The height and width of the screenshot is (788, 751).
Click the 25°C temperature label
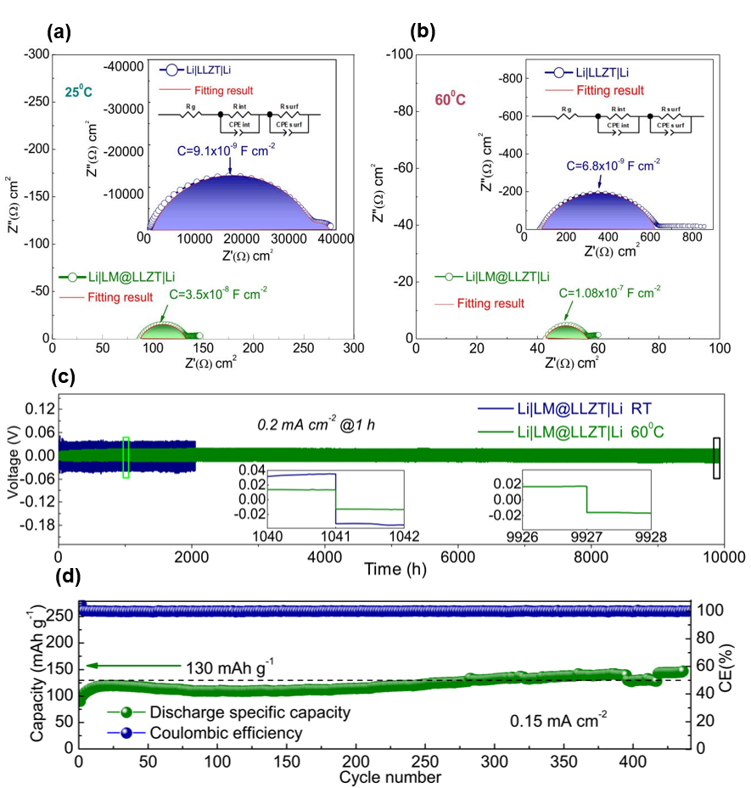pyautogui.click(x=80, y=92)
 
